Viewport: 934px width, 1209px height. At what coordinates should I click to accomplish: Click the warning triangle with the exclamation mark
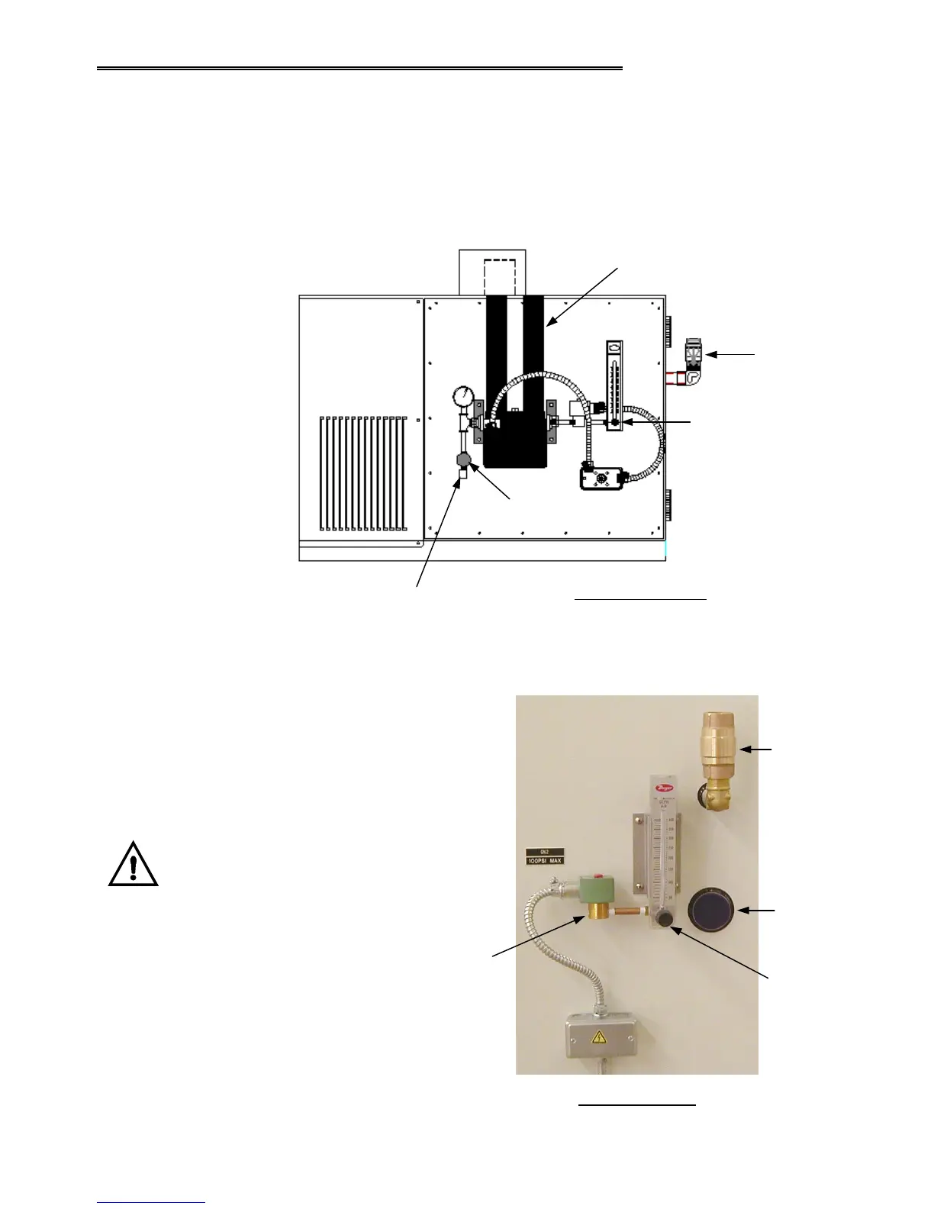pos(134,866)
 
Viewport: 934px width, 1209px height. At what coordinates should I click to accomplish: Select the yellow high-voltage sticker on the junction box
pos(599,1037)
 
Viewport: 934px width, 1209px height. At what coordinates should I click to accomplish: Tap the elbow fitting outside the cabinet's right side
pos(693,376)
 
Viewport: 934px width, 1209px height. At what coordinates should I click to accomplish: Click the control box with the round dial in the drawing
pos(603,479)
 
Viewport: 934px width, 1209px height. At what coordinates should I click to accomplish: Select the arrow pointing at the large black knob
pos(759,910)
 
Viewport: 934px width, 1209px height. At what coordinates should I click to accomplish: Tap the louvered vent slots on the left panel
pos(363,473)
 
